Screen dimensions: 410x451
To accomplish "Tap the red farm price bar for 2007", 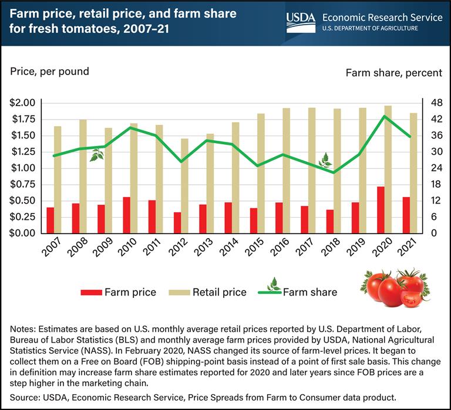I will tap(51, 220).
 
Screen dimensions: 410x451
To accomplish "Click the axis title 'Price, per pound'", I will tap(49, 72).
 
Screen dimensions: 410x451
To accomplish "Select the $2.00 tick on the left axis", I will tap(23, 103).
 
